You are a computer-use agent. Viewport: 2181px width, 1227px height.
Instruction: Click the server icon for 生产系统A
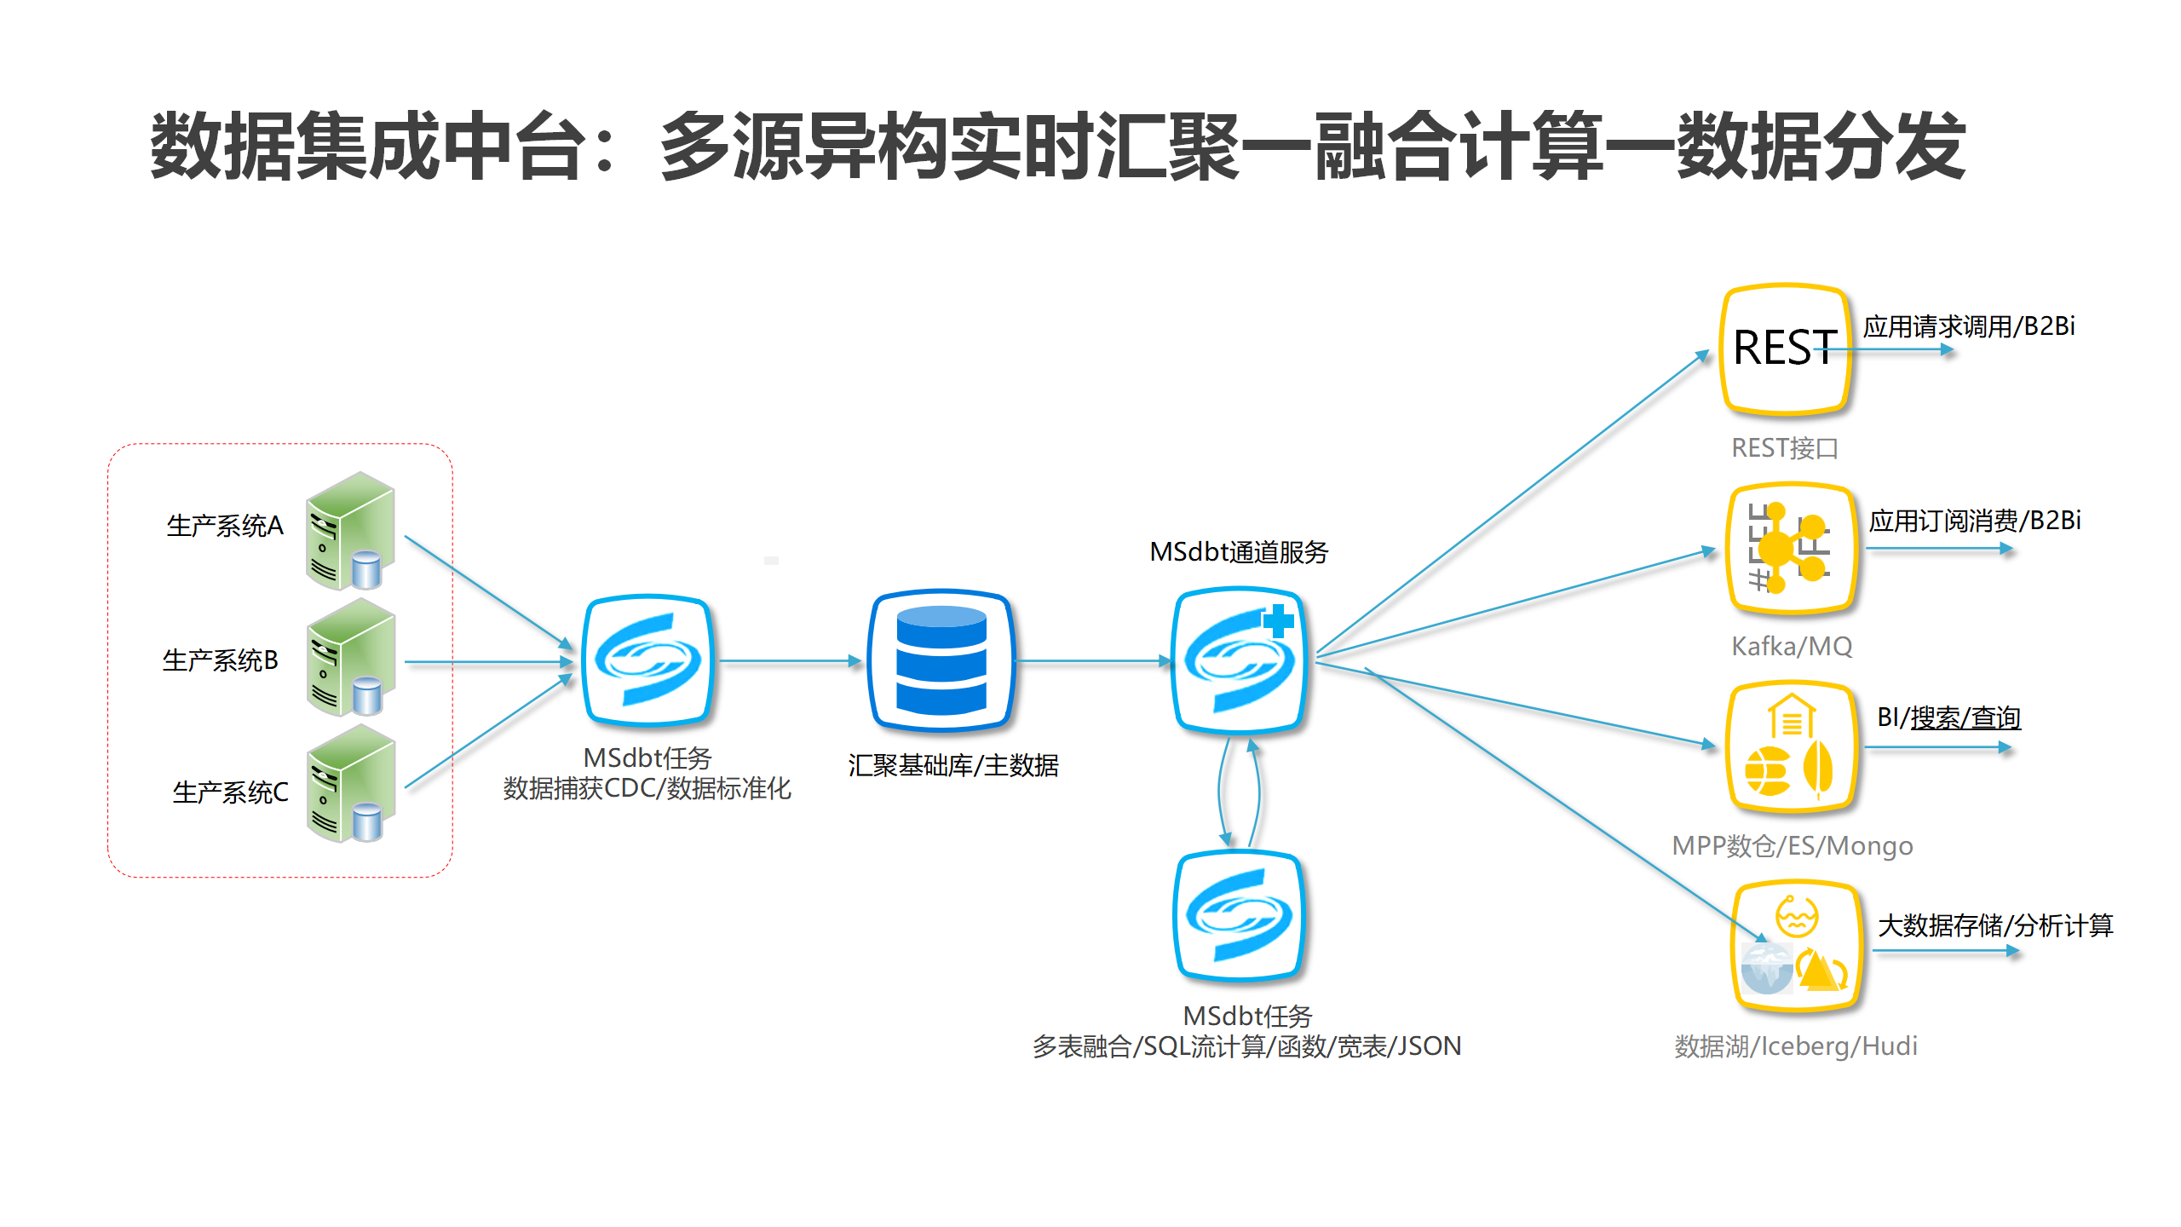click(350, 531)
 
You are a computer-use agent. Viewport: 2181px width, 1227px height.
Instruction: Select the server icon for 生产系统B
click(350, 658)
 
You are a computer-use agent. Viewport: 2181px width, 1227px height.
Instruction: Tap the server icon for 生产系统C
click(350, 784)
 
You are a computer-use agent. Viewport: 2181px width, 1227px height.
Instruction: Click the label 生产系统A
click(225, 526)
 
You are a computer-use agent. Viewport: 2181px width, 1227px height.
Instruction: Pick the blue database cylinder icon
click(941, 660)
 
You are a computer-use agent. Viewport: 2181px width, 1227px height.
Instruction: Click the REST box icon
click(1785, 349)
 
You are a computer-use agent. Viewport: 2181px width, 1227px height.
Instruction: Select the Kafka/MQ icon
click(1791, 548)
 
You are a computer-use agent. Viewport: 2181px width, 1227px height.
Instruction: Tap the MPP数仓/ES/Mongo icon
click(1791, 746)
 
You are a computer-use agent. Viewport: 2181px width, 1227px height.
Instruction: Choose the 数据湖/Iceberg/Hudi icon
click(1796, 947)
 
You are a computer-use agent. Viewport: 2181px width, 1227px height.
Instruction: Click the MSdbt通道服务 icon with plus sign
click(1240, 660)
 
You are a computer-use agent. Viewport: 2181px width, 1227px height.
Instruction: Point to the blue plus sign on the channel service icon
click(1278, 620)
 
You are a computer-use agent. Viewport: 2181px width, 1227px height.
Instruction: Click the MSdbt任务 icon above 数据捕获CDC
click(647, 660)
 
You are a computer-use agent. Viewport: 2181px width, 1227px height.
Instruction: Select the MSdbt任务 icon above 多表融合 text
click(1240, 916)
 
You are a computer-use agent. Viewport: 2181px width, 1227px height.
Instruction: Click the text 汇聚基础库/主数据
click(952, 765)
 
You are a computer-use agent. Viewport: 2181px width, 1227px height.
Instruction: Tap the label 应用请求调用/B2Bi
click(1968, 326)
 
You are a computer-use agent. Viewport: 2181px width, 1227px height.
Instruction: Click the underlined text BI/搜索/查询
click(1948, 717)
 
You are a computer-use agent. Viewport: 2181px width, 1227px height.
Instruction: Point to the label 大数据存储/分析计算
click(1995, 925)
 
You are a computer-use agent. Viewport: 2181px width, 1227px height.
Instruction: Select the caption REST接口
click(1785, 448)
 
